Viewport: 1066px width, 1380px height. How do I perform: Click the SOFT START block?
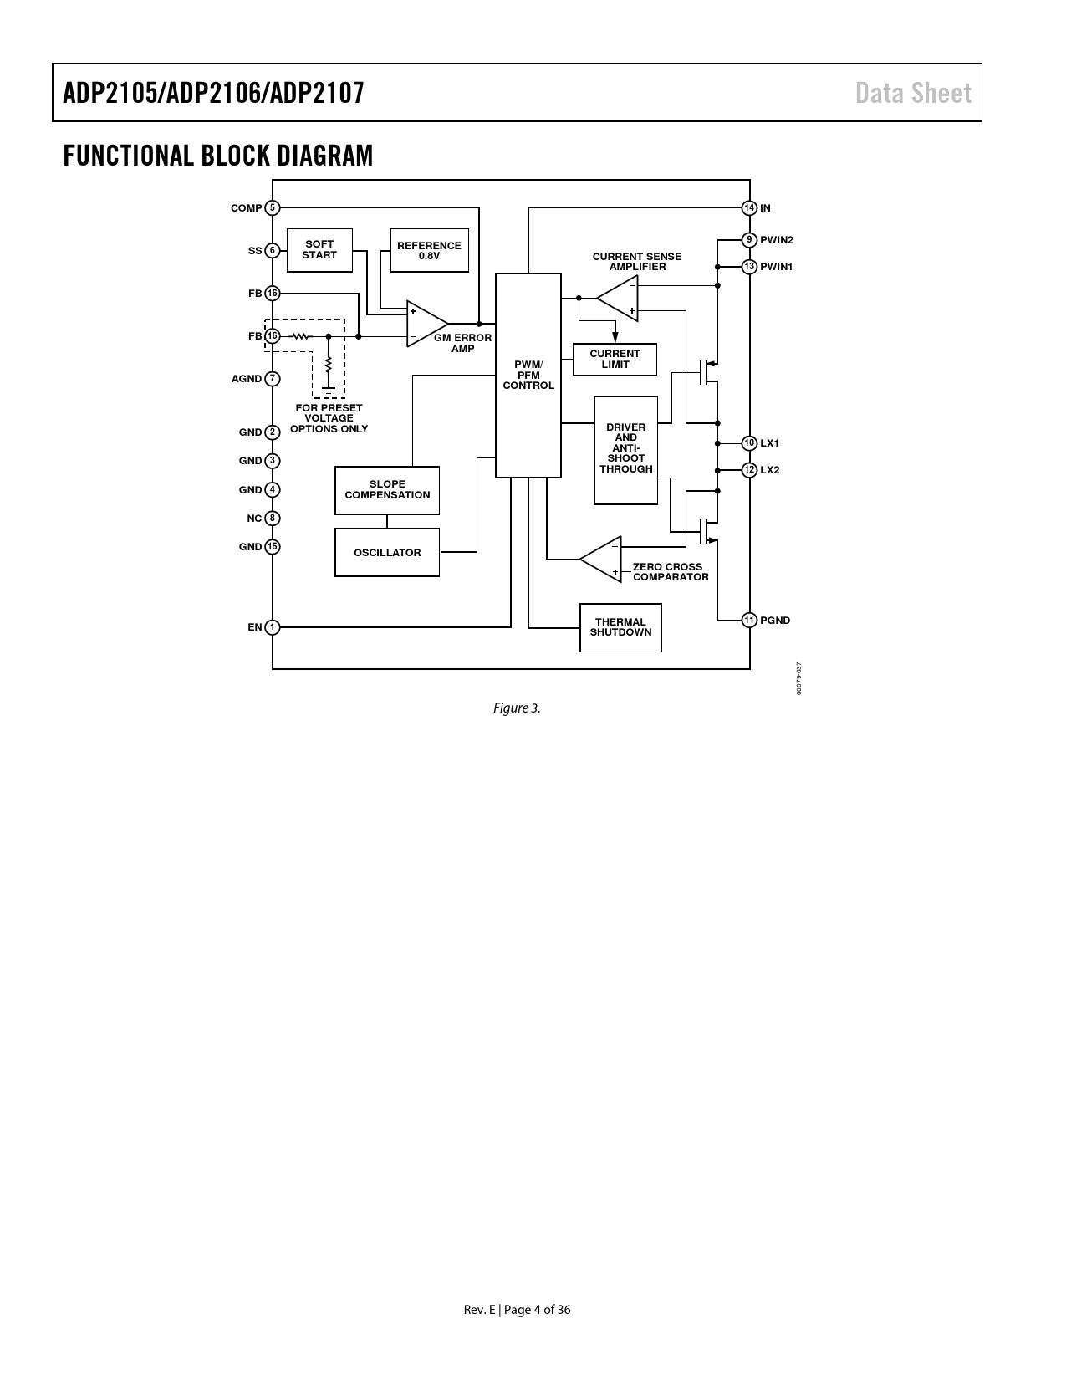point(319,250)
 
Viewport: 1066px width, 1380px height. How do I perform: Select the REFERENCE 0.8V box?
point(429,250)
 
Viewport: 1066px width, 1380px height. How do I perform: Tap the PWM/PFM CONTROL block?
point(528,375)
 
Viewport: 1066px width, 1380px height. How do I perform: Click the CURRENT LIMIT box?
point(615,359)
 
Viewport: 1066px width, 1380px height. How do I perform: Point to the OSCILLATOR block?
point(387,553)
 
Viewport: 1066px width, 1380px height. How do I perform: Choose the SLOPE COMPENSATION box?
point(387,490)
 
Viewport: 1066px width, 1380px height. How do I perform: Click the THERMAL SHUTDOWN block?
point(620,627)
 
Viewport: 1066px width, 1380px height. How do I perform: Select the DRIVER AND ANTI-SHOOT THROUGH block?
point(625,450)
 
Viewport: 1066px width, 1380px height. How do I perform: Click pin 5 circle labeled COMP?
point(273,207)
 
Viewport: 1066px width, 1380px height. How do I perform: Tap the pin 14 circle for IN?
point(749,207)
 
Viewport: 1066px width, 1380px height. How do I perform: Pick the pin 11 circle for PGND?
point(749,620)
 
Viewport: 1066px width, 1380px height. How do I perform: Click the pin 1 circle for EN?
point(273,626)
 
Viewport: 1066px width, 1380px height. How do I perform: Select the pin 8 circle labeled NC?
point(273,519)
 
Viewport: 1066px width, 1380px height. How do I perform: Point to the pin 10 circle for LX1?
point(749,442)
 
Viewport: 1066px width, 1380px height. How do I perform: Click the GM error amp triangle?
point(427,324)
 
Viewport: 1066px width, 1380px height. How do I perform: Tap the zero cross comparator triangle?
point(600,560)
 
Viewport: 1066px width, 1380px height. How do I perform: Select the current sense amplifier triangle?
point(617,298)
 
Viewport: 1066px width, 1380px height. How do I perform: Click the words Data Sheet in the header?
point(913,94)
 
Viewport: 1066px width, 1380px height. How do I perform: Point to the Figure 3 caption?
point(517,708)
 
